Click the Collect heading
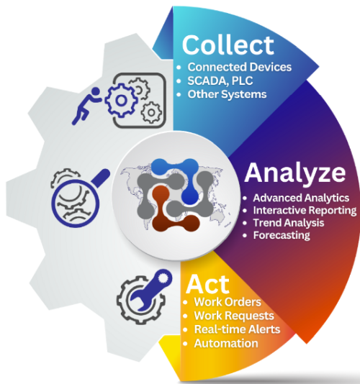click(x=228, y=45)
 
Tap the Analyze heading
click(x=295, y=173)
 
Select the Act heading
click(x=207, y=284)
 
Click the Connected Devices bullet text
click(x=240, y=67)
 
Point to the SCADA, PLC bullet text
click(x=220, y=81)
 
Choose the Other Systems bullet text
click(x=227, y=94)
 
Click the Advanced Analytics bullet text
click(x=301, y=198)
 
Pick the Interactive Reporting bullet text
click(x=305, y=211)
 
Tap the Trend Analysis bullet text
click(x=289, y=223)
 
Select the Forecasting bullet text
click(x=282, y=235)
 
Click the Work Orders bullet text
click(x=228, y=302)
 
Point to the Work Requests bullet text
click(x=234, y=316)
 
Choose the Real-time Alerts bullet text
click(x=237, y=329)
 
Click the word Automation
click(x=226, y=343)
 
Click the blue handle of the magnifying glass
click(x=101, y=178)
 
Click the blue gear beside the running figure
click(x=121, y=100)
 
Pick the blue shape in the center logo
click(x=182, y=175)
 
